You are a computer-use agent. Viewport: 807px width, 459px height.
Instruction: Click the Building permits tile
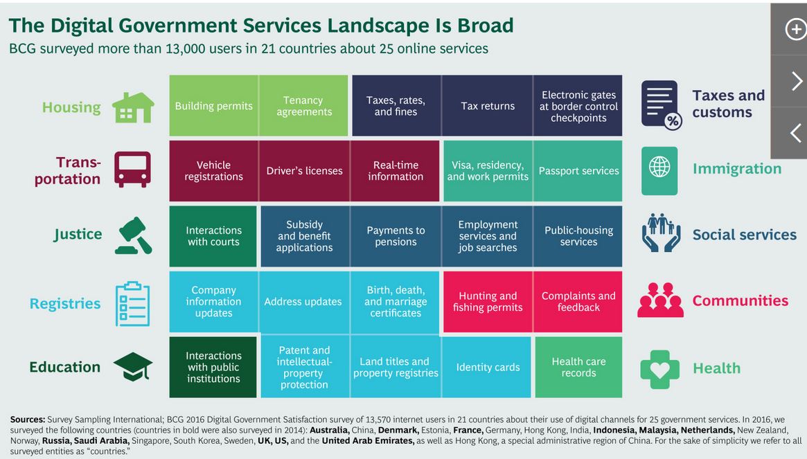pyautogui.click(x=213, y=106)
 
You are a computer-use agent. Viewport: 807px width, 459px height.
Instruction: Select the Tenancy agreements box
pyautogui.click(x=304, y=106)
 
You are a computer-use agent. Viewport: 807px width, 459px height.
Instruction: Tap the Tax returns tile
pyautogui.click(x=488, y=106)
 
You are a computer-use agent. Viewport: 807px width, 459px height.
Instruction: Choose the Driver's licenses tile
pyautogui.click(x=304, y=171)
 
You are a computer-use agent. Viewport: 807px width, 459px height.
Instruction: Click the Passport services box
pyautogui.click(x=578, y=171)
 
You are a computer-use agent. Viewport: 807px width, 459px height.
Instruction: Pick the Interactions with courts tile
pyautogui.click(x=213, y=236)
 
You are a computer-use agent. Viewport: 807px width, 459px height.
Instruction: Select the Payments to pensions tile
pyautogui.click(x=396, y=236)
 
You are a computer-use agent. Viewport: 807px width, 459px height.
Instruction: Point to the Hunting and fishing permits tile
pyautogui.click(x=488, y=302)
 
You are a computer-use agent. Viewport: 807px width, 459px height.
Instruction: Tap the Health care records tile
pyautogui.click(x=578, y=367)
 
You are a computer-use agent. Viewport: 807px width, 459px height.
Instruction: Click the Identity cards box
pyautogui.click(x=488, y=367)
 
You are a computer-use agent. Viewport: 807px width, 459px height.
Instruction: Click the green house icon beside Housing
pyautogui.click(x=133, y=107)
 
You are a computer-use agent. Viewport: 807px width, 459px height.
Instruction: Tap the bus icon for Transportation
pyautogui.click(x=132, y=170)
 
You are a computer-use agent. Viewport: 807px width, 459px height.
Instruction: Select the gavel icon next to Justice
pyautogui.click(x=133, y=235)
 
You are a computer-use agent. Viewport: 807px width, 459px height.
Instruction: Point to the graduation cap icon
pyautogui.click(x=133, y=366)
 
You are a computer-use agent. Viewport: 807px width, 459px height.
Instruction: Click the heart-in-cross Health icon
pyautogui.click(x=659, y=368)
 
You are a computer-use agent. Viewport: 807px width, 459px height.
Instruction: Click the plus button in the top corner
pyautogui.click(x=794, y=29)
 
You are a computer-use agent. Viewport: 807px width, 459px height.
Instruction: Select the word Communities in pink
pyautogui.click(x=740, y=300)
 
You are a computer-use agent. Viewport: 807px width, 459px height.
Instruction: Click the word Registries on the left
pyautogui.click(x=65, y=303)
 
